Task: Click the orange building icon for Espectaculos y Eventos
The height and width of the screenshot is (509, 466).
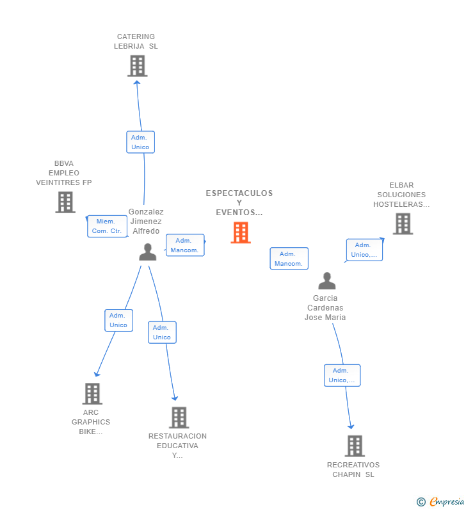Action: (241, 232)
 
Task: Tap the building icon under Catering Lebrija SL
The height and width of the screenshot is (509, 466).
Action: (137, 66)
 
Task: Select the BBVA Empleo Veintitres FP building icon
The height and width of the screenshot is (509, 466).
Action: (65, 202)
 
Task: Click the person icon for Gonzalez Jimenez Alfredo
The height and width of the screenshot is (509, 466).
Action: (148, 252)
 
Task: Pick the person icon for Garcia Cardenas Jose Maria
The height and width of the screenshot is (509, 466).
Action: (327, 281)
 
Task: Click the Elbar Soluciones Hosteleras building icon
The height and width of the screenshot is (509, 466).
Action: (403, 223)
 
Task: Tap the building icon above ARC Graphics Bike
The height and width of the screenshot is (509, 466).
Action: (92, 394)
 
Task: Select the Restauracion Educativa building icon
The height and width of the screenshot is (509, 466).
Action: (179, 418)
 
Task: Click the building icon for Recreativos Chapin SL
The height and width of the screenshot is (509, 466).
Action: (355, 446)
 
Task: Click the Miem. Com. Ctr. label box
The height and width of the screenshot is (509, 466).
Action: (107, 226)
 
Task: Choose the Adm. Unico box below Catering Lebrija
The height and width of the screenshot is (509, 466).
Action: (141, 142)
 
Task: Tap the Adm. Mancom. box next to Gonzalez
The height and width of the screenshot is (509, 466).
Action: (185, 245)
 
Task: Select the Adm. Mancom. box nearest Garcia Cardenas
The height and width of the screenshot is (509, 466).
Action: (289, 259)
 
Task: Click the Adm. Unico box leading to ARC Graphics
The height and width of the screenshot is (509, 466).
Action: (119, 320)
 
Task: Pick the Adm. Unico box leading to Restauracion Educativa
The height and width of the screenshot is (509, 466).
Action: (162, 332)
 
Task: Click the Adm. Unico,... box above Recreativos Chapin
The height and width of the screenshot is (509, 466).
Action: (342, 375)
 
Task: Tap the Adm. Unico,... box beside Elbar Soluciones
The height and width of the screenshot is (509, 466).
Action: (364, 250)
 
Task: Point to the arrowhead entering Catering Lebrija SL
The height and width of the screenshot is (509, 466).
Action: (137, 83)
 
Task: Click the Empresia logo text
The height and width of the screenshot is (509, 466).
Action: (447, 502)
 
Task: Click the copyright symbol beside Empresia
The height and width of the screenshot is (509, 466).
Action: (421, 502)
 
